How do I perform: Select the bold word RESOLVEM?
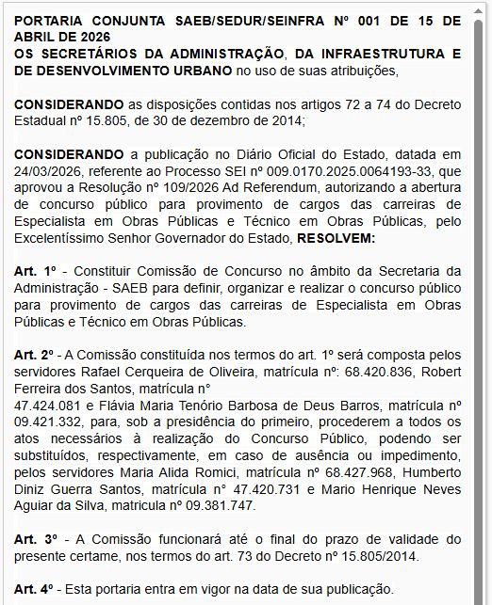click(x=336, y=240)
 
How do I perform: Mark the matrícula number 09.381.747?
click(x=224, y=505)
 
